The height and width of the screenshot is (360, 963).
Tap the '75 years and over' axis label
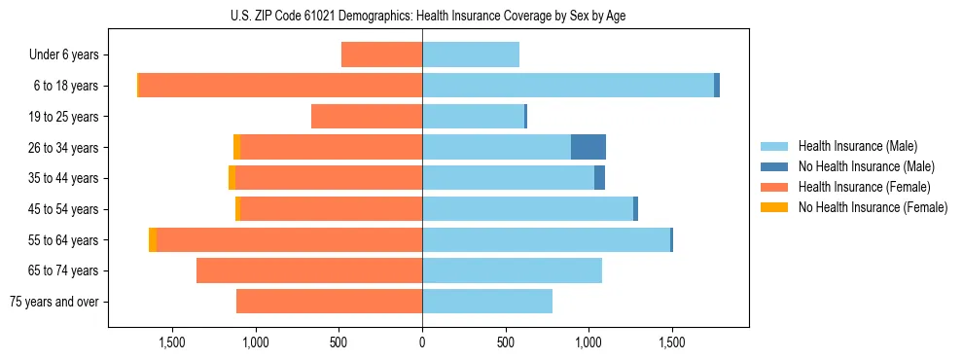coord(54,302)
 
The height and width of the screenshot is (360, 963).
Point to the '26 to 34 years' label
coord(64,147)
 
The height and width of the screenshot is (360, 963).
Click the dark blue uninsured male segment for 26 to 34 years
coord(588,147)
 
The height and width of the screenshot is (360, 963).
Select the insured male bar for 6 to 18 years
coord(568,86)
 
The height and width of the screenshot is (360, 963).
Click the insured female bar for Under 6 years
coord(381,54)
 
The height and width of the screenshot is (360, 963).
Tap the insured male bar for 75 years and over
coord(487,302)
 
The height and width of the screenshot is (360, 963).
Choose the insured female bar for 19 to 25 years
coord(367,116)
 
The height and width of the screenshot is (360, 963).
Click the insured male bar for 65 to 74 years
coord(512,270)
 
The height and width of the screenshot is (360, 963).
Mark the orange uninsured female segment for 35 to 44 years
coord(232,178)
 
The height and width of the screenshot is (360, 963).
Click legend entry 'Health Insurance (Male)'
coord(857,146)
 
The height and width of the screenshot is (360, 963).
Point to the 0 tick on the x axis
coord(422,342)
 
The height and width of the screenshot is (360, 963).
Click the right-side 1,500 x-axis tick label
coord(671,342)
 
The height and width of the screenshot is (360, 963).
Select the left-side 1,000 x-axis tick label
coord(255,342)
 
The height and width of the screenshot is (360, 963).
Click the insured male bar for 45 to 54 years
coord(527,208)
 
